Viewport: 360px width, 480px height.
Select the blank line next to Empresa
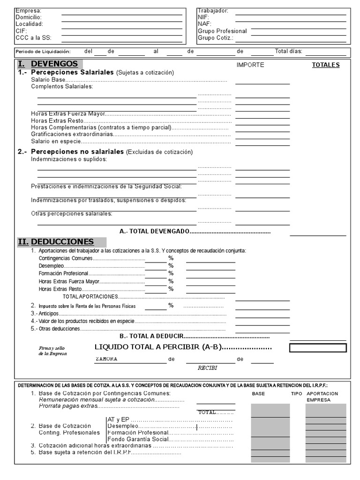pos(122,10)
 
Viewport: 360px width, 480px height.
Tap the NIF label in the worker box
pos(203,17)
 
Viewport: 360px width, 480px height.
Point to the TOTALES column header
pos(326,65)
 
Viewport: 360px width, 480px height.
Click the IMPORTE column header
pos(250,65)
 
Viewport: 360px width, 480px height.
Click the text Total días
pos(288,51)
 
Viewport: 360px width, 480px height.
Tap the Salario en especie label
pos(56,141)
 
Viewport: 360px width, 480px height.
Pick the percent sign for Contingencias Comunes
pos(171,258)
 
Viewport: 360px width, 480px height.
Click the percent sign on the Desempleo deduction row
pos(171,266)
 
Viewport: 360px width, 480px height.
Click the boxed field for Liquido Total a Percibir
pos(318,348)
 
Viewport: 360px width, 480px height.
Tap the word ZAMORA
pos(106,359)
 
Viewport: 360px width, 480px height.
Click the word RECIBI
pos(207,368)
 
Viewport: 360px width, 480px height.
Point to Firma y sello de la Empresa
pos(52,351)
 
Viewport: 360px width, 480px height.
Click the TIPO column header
pos(296,394)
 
